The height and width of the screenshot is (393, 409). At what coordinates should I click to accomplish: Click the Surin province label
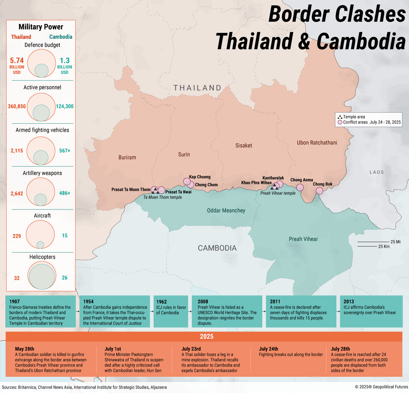click(x=184, y=155)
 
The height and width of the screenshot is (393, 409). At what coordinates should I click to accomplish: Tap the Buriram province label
click(x=127, y=157)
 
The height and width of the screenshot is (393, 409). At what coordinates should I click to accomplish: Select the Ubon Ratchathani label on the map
click(x=317, y=143)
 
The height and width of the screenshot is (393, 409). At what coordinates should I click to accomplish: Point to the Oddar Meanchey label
click(x=226, y=211)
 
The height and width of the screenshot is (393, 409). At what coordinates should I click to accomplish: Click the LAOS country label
click(x=377, y=172)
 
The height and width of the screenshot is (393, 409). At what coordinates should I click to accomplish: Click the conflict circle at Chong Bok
click(x=320, y=191)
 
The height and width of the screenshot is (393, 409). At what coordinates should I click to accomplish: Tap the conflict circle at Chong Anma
click(x=300, y=187)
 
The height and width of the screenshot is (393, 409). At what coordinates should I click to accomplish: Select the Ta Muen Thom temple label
click(x=162, y=197)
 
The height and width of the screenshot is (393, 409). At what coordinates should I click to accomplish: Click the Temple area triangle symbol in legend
click(x=340, y=117)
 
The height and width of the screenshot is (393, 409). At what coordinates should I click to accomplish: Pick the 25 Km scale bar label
click(x=384, y=246)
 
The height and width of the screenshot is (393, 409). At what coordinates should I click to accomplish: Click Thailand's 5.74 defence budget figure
click(x=17, y=61)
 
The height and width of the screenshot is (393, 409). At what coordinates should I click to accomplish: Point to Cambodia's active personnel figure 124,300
click(x=65, y=106)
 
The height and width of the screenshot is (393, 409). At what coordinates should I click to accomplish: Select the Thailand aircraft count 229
click(x=17, y=236)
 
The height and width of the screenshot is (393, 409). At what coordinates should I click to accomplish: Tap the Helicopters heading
click(x=42, y=257)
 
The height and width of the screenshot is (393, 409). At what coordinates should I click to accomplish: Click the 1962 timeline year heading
click(x=161, y=302)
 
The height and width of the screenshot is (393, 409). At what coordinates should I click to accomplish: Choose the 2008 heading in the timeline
click(x=203, y=302)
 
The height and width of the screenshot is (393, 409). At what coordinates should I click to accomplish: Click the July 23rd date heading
click(x=191, y=349)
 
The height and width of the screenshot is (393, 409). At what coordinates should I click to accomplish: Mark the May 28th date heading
click(x=25, y=349)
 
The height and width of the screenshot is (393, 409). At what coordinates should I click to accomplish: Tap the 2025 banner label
click(x=206, y=336)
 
